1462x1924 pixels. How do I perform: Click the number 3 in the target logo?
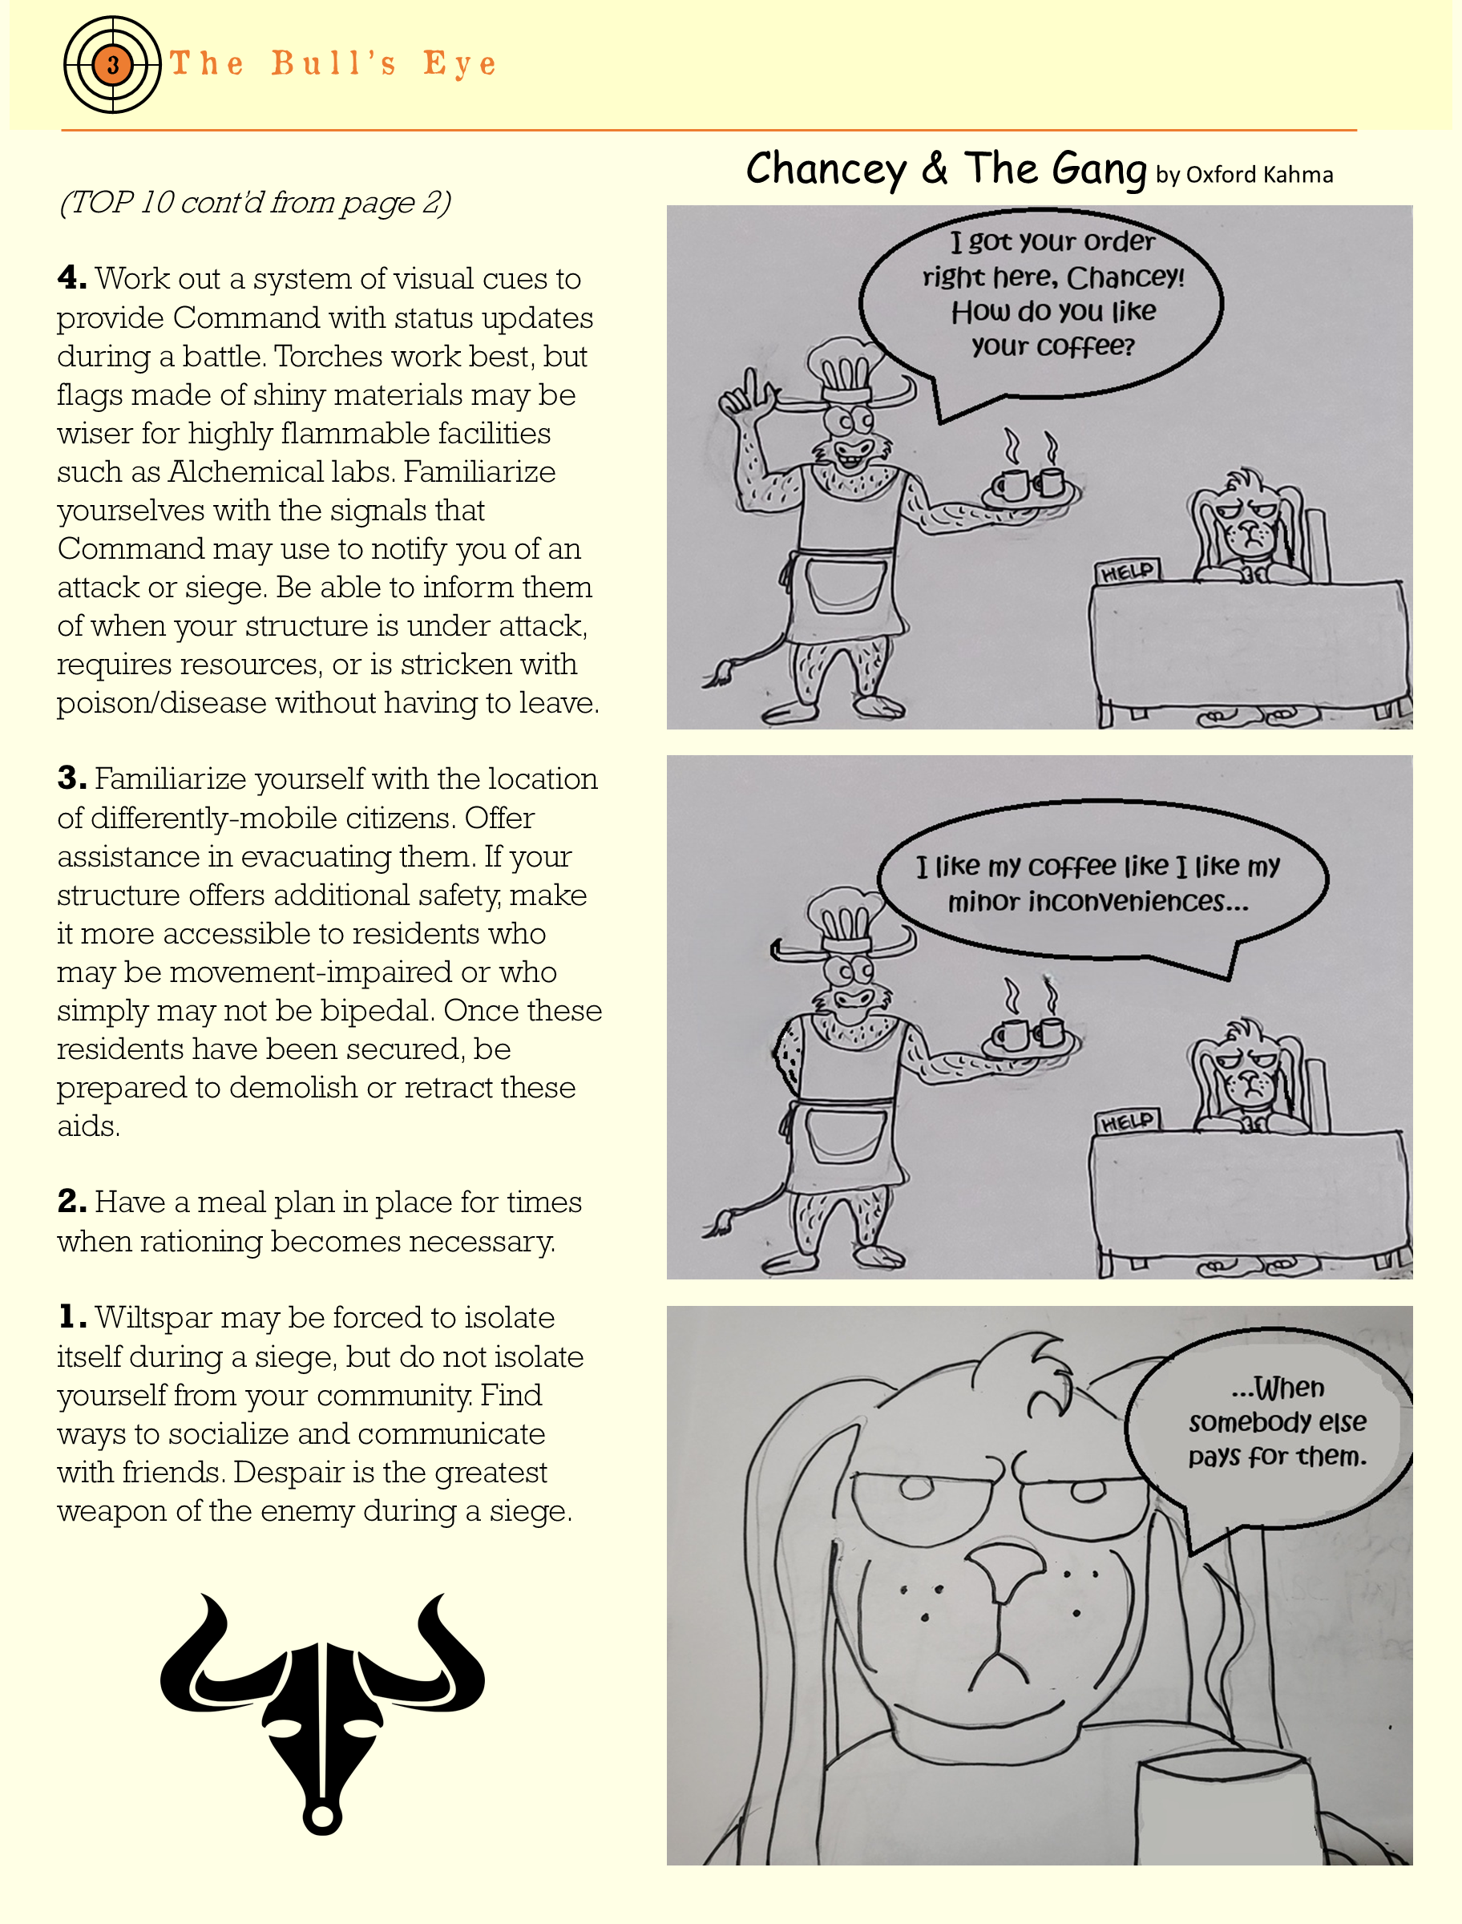112,64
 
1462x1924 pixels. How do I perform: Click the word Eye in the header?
459,64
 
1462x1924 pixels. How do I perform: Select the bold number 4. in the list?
72,278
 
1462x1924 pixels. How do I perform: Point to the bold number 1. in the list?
72,1317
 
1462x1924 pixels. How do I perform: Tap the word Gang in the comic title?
1099,169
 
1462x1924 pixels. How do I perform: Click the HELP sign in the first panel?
1128,572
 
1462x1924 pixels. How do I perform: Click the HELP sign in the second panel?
1128,1122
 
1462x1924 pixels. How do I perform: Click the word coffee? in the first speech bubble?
1053,347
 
